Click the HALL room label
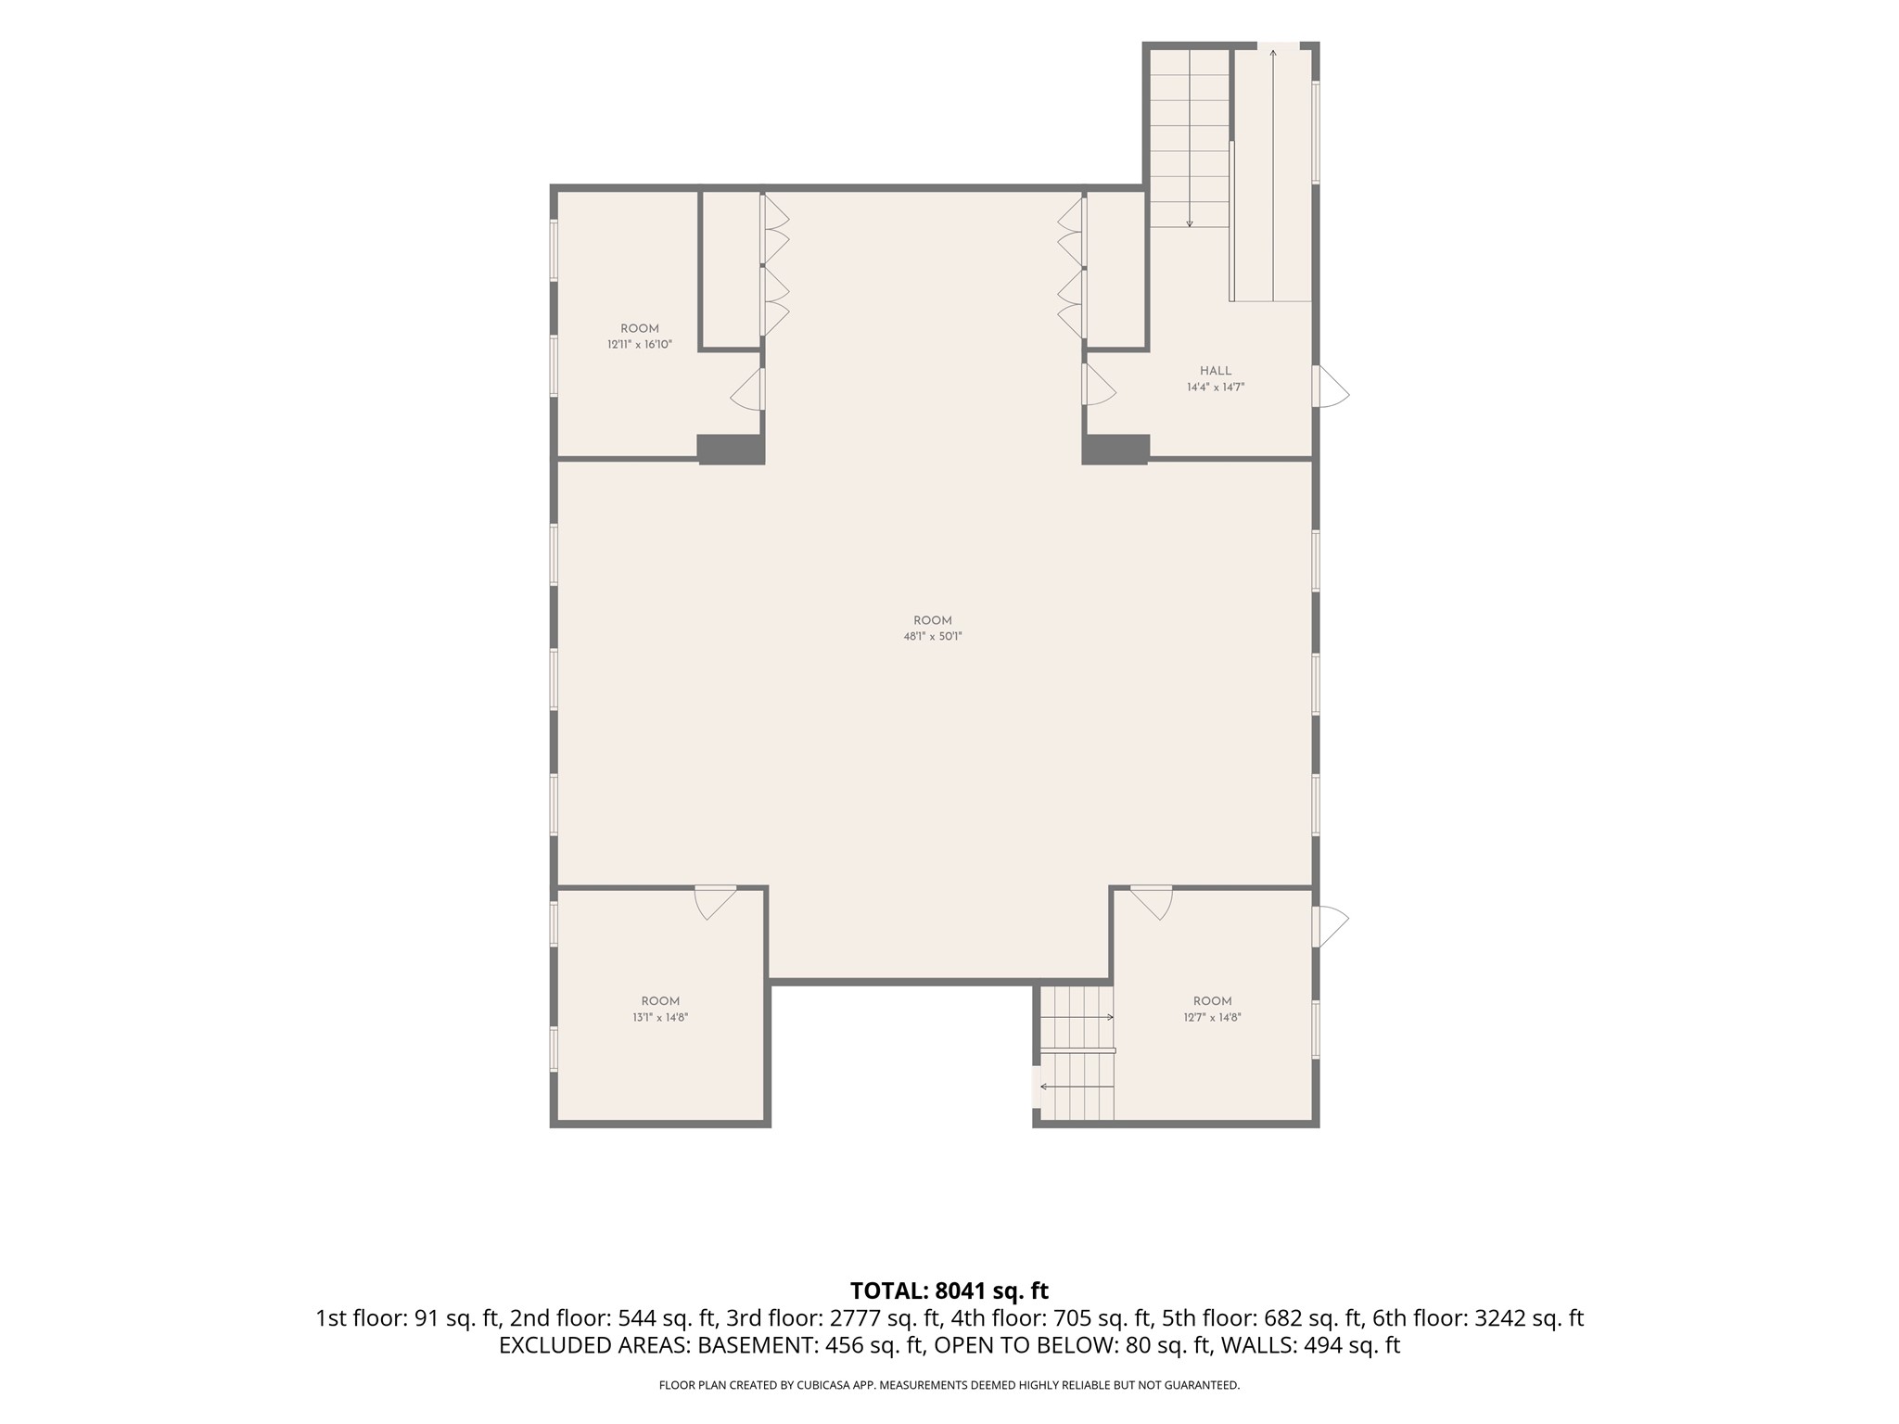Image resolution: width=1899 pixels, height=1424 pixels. pyautogui.click(x=1216, y=371)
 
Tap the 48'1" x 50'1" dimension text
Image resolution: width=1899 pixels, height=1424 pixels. pyautogui.click(x=933, y=637)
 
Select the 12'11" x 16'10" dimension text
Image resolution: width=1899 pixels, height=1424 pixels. pyautogui.click(x=640, y=345)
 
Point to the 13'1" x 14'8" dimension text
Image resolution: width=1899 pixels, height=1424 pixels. pyautogui.click(x=660, y=1017)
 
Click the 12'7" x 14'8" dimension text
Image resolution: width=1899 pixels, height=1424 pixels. pyautogui.click(x=1212, y=1017)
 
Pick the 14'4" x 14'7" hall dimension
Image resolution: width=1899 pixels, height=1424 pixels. pyautogui.click(x=1216, y=388)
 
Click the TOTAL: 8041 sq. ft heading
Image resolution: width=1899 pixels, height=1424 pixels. pyautogui.click(x=949, y=1290)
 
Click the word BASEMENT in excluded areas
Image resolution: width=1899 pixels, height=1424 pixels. pyautogui.click(x=753, y=1345)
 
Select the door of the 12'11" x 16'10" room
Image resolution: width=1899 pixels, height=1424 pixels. pyautogui.click(x=747, y=389)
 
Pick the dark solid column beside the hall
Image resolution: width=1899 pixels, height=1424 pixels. pyautogui.click(x=1116, y=449)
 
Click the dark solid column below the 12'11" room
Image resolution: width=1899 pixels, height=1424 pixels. pyautogui.click(x=731, y=449)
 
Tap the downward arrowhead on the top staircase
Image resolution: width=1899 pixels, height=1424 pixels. pyautogui.click(x=1190, y=223)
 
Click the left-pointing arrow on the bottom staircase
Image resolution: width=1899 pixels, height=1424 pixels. pyautogui.click(x=1077, y=1086)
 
